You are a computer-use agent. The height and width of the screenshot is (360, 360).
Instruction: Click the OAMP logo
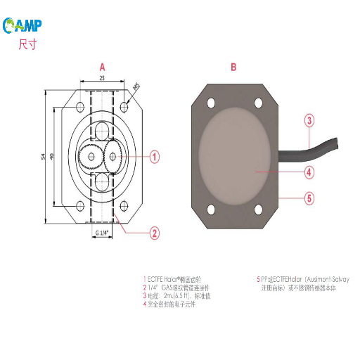[x=23, y=26]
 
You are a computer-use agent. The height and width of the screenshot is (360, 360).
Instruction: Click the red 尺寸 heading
[x=27, y=45]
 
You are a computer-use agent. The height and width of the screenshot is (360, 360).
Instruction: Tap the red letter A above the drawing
[x=102, y=67]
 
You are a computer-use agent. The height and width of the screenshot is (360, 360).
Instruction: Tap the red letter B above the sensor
[x=233, y=67]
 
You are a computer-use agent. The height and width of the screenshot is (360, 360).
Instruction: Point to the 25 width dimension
[x=103, y=78]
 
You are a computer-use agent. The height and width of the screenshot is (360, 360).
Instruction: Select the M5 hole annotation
[x=136, y=88]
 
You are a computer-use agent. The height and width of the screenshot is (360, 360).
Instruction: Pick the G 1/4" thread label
[x=103, y=232]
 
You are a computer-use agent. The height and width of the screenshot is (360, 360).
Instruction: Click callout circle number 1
[x=155, y=157]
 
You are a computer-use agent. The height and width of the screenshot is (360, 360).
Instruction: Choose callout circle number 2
[x=155, y=233]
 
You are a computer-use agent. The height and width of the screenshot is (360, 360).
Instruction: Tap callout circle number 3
[x=309, y=120]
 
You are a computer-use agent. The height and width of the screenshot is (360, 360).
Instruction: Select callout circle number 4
[x=309, y=171]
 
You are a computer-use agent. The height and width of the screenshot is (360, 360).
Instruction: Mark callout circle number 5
[x=309, y=198]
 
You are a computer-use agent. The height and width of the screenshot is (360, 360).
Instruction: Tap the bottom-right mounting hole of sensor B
[x=259, y=209]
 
